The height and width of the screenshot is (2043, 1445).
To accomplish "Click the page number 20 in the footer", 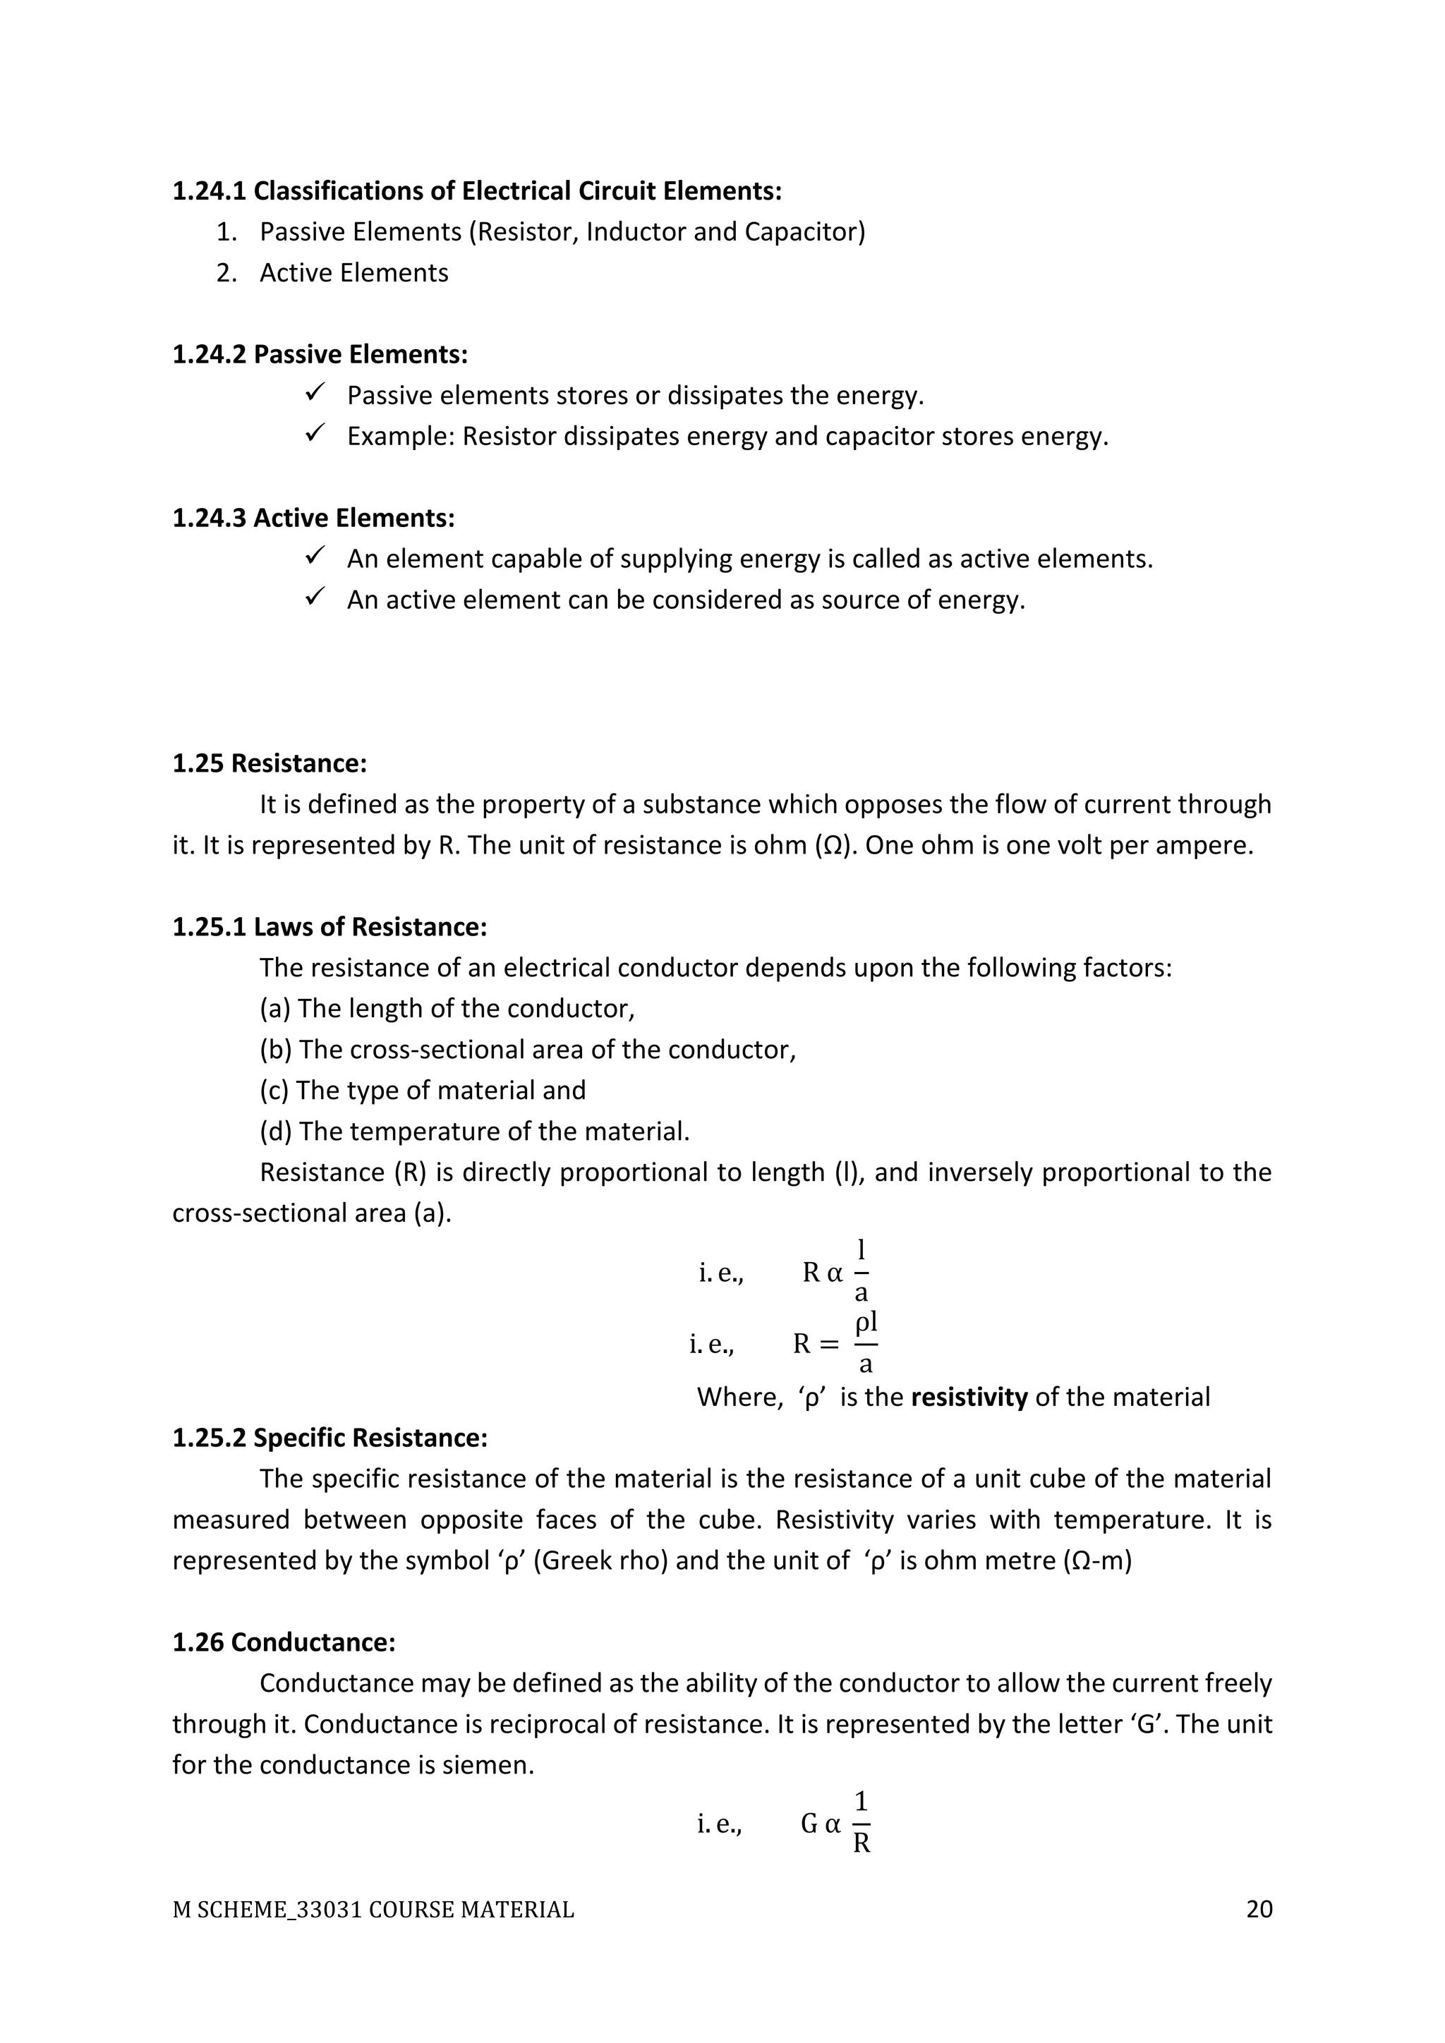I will pyautogui.click(x=1259, y=1909).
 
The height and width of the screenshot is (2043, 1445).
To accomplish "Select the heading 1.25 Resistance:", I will pyautogui.click(x=269, y=763).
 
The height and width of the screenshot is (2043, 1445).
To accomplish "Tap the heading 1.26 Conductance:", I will pyautogui.click(x=283, y=1642).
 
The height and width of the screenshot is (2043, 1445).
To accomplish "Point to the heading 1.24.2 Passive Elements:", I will pyautogui.click(x=320, y=354).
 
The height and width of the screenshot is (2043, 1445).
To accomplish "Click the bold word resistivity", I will pyautogui.click(x=969, y=1396).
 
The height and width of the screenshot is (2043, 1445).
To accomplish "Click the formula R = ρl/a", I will pyautogui.click(x=835, y=1344).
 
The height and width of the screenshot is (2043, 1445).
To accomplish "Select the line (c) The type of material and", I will pyautogui.click(x=422, y=1090).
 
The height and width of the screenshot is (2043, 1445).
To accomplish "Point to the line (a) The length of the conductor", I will pyautogui.click(x=447, y=1008).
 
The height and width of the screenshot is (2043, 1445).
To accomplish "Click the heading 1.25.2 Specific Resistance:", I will pyautogui.click(x=329, y=1437).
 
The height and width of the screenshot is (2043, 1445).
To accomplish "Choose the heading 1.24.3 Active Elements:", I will pyautogui.click(x=313, y=518).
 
